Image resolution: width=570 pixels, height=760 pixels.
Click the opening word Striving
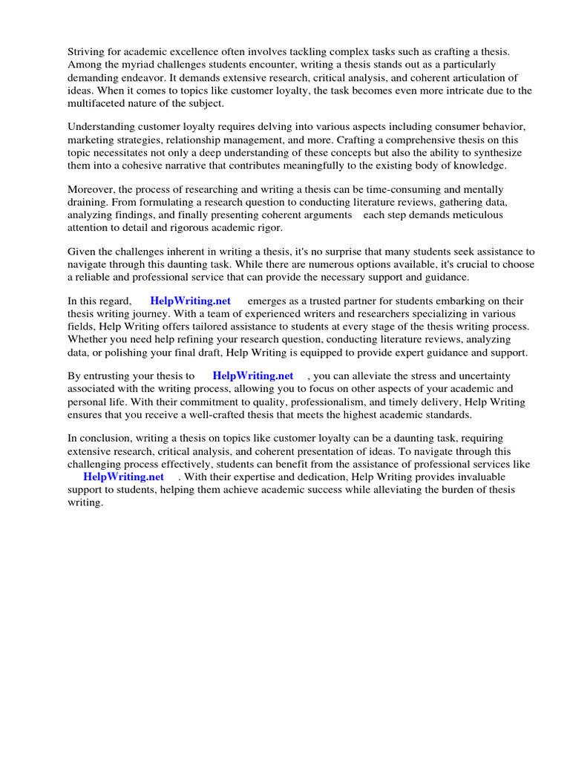click(88, 52)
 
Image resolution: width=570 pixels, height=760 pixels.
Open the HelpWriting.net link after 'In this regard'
click(190, 301)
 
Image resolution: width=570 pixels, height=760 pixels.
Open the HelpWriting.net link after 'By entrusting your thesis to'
click(252, 376)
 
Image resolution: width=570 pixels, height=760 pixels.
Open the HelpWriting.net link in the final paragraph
click(123, 476)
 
